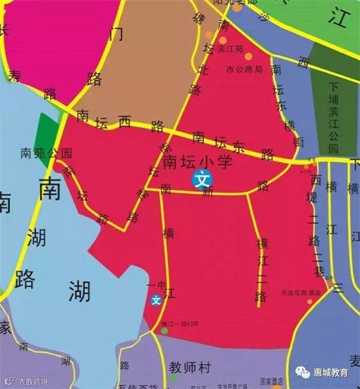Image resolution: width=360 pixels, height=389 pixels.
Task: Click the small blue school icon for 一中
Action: click(x=156, y=300)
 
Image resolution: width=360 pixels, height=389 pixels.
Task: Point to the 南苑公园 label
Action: click(x=46, y=153)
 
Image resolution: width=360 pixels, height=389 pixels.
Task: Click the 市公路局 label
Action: click(x=244, y=70)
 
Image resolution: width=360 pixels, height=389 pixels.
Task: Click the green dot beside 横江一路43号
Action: click(x=164, y=330)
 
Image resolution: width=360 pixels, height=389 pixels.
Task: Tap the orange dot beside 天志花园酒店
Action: click(x=310, y=301)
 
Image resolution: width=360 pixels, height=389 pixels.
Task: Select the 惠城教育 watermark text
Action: click(x=331, y=373)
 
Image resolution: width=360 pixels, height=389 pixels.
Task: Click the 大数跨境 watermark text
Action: click(x=32, y=381)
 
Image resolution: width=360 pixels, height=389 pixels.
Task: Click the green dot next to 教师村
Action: click(x=173, y=378)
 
